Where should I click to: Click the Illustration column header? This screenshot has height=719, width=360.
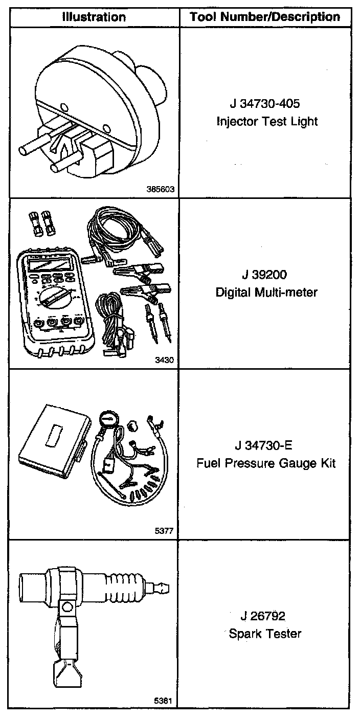(94, 17)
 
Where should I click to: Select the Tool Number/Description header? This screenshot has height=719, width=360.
(265, 17)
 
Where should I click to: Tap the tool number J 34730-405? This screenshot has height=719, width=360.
(264, 104)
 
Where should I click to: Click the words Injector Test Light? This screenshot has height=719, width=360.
(266, 122)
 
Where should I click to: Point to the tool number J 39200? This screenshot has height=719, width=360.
(265, 275)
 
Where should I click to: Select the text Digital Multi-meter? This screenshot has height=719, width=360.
(266, 293)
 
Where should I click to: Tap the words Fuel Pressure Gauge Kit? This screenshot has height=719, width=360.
(266, 463)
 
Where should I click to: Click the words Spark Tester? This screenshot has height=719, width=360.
(265, 634)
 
